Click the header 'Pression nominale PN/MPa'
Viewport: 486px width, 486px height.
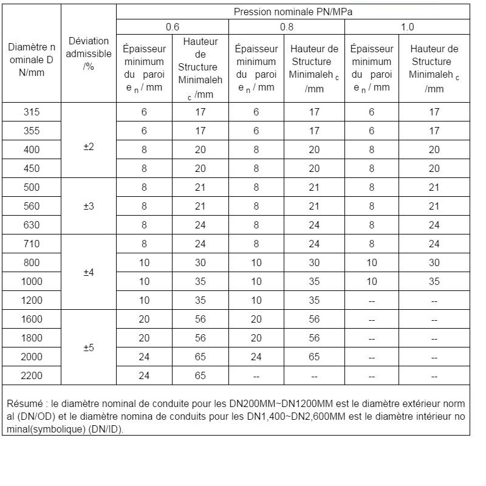pyautogui.click(x=293, y=12)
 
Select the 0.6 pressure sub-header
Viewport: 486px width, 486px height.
pyautogui.click(x=173, y=27)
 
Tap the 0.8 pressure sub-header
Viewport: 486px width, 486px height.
pyautogui.click(x=287, y=27)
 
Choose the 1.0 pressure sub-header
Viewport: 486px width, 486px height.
pyautogui.click(x=407, y=27)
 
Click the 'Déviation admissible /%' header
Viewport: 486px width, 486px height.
pyautogui.click(x=89, y=53)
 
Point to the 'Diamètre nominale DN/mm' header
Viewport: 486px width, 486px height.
pyautogui.click(x=32, y=60)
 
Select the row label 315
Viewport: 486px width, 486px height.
pyautogui.click(x=32, y=112)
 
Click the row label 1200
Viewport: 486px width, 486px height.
pyautogui.click(x=32, y=300)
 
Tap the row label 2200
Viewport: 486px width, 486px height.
pyautogui.click(x=32, y=375)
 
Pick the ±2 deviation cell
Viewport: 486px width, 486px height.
pyautogui.click(x=89, y=147)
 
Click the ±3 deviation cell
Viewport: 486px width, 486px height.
pyautogui.click(x=89, y=206)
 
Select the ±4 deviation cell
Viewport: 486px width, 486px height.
pyautogui.click(x=89, y=272)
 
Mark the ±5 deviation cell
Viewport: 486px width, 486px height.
pyautogui.click(x=89, y=348)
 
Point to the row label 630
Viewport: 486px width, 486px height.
pyautogui.click(x=32, y=225)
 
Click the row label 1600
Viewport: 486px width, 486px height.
pyautogui.click(x=32, y=320)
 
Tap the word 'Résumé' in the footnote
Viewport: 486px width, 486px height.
pyautogui.click(x=24, y=403)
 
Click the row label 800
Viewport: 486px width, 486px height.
pyautogui.click(x=32, y=262)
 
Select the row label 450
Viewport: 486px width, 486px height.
pyautogui.click(x=32, y=168)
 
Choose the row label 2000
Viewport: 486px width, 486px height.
pyautogui.click(x=32, y=357)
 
